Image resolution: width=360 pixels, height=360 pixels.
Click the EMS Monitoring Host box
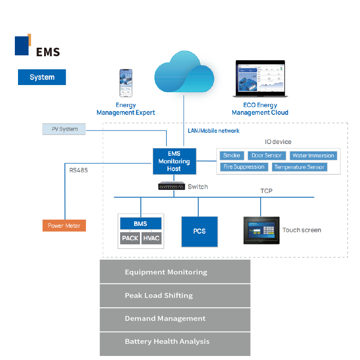click(175, 161)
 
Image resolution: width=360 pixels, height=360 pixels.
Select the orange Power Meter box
click(64, 225)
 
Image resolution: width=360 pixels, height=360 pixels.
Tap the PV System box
click(64, 129)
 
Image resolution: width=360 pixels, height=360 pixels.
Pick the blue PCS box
click(199, 231)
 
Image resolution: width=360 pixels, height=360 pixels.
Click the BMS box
click(141, 224)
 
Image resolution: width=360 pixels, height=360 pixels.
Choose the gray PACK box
click(130, 238)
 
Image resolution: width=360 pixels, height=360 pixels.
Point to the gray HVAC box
click(151, 238)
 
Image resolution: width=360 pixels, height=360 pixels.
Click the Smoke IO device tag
click(232, 155)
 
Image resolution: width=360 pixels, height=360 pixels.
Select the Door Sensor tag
click(267, 155)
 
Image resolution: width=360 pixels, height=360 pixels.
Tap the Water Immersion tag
click(313, 155)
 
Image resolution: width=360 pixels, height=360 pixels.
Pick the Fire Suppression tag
click(244, 167)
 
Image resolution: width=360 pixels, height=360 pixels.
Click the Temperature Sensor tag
click(300, 167)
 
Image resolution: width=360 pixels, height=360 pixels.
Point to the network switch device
click(171, 186)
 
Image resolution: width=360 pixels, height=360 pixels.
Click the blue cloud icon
click(184, 72)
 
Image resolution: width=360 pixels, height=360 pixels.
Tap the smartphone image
click(126, 83)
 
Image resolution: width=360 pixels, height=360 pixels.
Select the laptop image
click(261, 78)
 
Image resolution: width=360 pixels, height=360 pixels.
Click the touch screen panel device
click(261, 230)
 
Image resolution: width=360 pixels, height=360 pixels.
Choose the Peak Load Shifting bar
click(175, 296)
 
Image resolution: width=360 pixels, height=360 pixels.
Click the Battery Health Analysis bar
click(175, 344)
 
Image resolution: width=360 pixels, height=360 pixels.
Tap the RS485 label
click(78, 170)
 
